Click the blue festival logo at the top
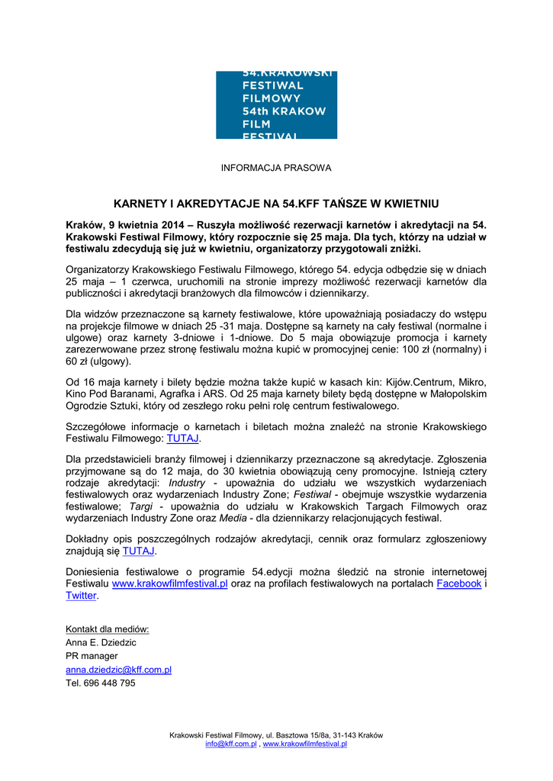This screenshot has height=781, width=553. click(276, 105)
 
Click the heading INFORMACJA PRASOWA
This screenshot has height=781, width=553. click(276, 168)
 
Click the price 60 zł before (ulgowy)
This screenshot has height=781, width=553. click(78, 362)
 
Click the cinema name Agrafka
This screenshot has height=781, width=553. click(209, 394)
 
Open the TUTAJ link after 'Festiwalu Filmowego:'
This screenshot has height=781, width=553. click(183, 439)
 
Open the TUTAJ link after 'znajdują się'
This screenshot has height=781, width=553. click(139, 551)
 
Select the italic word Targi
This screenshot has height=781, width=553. click(141, 506)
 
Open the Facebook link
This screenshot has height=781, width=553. click(459, 583)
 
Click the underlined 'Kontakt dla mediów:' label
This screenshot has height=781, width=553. click(108, 629)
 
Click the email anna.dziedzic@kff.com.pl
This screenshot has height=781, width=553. click(118, 670)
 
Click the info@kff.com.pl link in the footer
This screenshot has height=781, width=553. click(230, 744)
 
